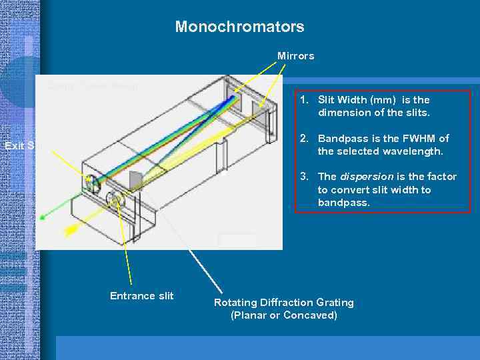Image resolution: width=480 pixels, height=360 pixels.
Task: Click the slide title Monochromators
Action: point(239,27)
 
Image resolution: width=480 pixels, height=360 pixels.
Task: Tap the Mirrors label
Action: point(295,56)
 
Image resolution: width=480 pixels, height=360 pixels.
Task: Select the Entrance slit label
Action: point(141,296)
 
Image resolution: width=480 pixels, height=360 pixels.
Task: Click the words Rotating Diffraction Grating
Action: point(283,303)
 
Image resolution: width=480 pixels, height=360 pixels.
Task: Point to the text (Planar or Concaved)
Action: point(283,315)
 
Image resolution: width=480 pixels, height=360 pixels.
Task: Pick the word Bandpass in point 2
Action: point(341,139)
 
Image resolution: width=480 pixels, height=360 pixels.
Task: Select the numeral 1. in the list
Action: point(303,100)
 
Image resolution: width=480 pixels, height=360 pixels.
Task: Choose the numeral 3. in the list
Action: point(303,177)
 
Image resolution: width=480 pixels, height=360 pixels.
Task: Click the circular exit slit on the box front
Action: point(92,180)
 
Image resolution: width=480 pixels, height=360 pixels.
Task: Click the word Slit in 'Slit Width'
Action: point(327,100)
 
